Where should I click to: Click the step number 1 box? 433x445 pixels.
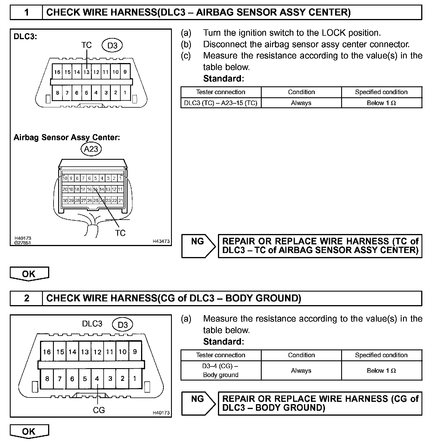(x=26, y=12)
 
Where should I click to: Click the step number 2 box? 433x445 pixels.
(x=26, y=298)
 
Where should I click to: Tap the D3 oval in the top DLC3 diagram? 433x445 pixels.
(x=112, y=45)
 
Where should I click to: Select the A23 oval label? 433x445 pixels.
(x=91, y=149)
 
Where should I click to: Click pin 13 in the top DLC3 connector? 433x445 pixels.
(x=86, y=72)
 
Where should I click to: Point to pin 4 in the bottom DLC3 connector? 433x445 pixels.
(x=97, y=379)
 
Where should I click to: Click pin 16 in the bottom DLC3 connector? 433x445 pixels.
(x=47, y=352)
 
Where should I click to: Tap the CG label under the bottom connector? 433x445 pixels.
(x=99, y=410)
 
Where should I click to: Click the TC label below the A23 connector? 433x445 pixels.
(x=120, y=233)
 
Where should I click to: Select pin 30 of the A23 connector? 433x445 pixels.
(x=65, y=200)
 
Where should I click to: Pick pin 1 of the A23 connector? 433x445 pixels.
(x=121, y=178)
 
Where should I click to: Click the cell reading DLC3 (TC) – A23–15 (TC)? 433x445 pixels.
(x=221, y=103)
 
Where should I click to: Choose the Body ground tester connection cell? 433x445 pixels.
(x=221, y=370)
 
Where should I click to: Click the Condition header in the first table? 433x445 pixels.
(x=301, y=92)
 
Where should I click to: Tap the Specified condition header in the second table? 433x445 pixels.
(x=381, y=355)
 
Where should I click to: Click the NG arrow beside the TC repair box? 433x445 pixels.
(x=198, y=246)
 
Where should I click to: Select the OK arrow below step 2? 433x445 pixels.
(x=29, y=431)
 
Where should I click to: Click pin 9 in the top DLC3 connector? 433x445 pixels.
(x=125, y=72)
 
